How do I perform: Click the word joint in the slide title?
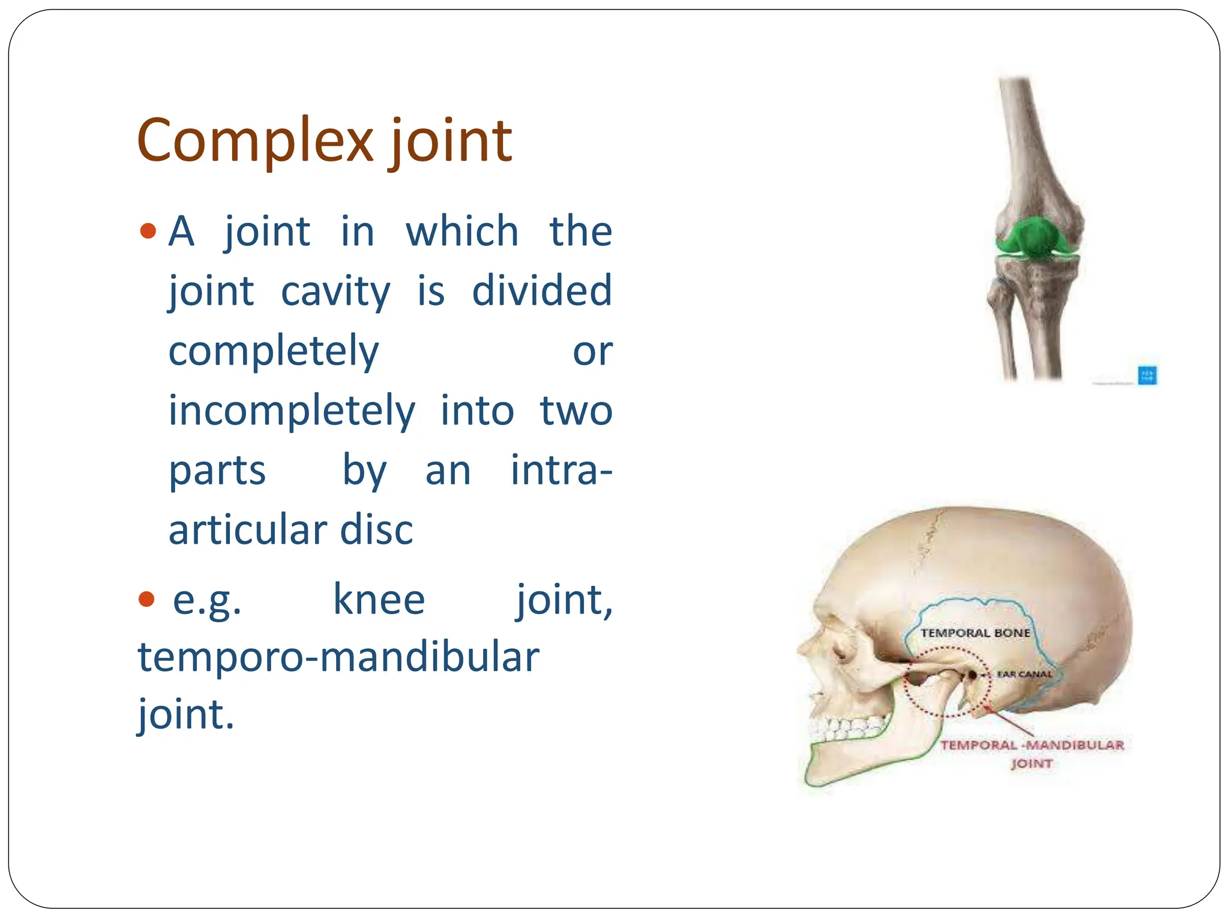451,142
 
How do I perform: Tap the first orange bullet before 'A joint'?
148,231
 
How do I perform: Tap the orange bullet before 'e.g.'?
146,598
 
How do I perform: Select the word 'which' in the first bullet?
461,231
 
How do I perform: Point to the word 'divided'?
541,290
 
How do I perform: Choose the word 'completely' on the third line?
273,351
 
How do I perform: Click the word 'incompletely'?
292,411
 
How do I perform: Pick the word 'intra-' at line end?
561,470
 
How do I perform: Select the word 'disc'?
376,530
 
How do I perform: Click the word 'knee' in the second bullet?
379,600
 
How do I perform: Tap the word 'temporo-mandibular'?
338,657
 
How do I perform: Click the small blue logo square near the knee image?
1147,375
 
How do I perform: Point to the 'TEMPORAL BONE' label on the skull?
975,633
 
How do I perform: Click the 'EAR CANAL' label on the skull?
1024,674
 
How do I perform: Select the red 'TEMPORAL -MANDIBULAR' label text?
1032,745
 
